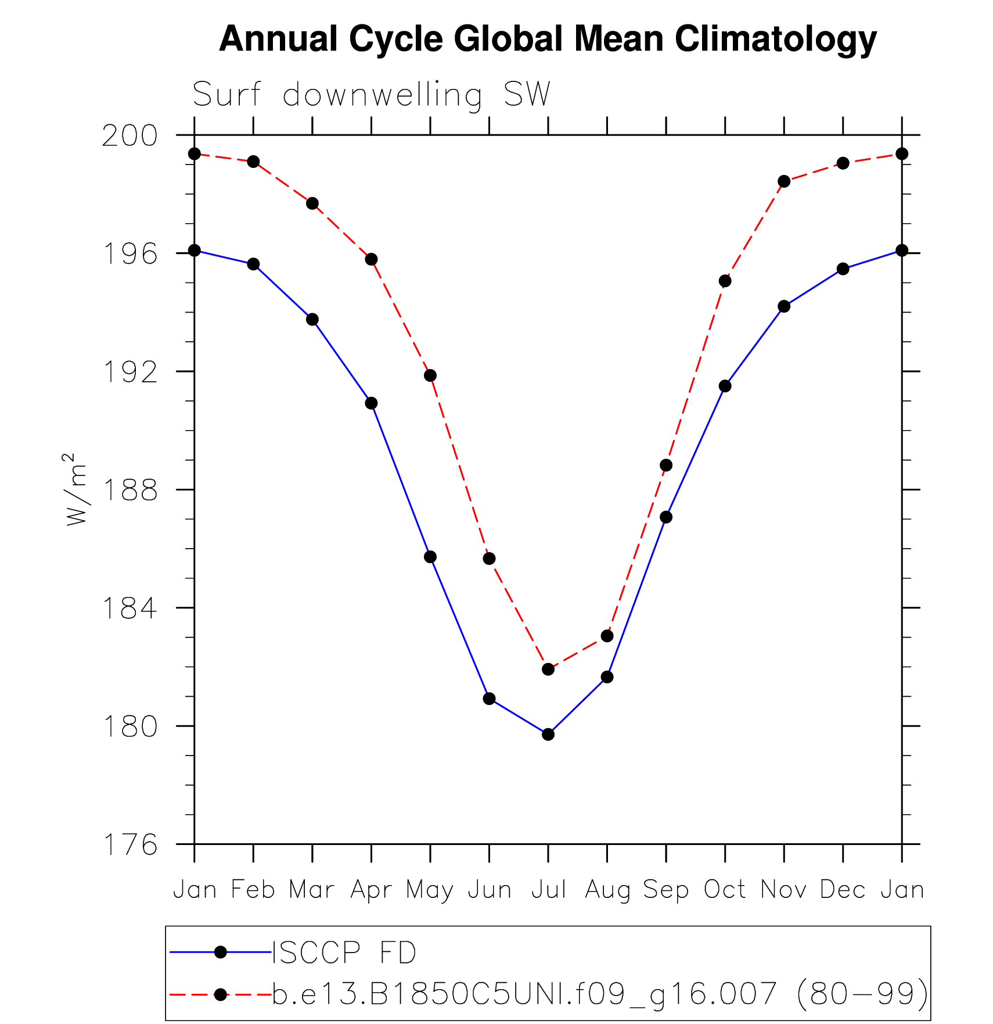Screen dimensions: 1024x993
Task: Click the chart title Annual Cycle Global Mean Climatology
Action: [x=548, y=40]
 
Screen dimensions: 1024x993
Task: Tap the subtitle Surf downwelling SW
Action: [x=371, y=95]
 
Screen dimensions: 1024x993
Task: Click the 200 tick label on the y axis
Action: [x=129, y=136]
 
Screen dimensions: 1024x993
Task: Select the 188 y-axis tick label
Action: [x=129, y=490]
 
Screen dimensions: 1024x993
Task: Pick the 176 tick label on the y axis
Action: [x=129, y=845]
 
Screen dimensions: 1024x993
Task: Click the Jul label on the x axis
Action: [x=548, y=890]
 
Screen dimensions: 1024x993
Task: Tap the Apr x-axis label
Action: [x=371, y=890]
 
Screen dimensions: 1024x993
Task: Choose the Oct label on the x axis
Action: [x=725, y=890]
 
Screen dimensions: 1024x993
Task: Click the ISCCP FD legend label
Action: [x=344, y=953]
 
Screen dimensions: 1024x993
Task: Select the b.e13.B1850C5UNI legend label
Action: [x=600, y=994]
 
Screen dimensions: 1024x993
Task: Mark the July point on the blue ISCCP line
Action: [x=548, y=735]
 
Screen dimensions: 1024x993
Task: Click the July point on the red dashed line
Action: [x=548, y=669]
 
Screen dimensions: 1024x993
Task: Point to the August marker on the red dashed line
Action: [x=607, y=636]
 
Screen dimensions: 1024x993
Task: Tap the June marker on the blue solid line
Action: [x=489, y=699]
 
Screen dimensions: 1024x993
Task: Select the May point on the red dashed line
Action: [x=430, y=375]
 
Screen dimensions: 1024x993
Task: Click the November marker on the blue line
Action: [x=784, y=306]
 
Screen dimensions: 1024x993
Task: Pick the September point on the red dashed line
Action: [x=666, y=466]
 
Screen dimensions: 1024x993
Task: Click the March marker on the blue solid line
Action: [x=312, y=320]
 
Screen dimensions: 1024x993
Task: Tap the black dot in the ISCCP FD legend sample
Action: [x=221, y=952]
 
